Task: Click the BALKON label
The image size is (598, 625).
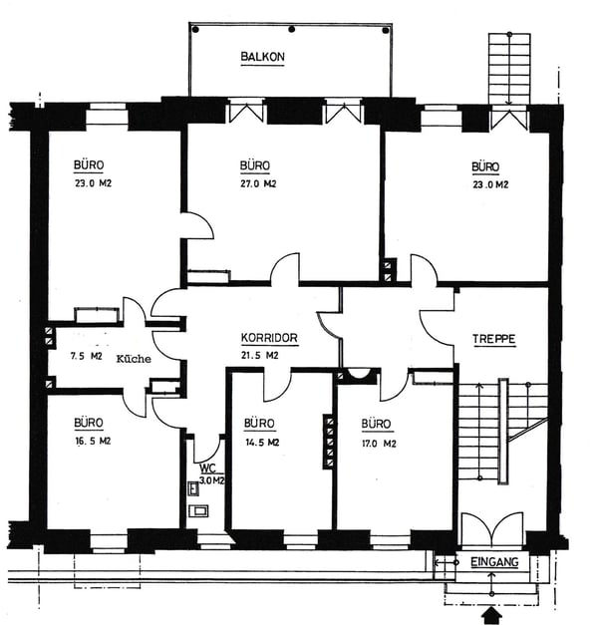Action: (x=263, y=57)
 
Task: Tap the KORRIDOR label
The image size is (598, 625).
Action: (x=269, y=338)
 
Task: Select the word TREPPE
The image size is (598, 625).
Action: (x=494, y=339)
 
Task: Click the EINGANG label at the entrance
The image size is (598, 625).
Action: (x=494, y=562)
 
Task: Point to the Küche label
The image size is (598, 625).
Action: (x=134, y=359)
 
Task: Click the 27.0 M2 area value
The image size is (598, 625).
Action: (x=258, y=183)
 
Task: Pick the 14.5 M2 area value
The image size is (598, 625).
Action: (x=262, y=443)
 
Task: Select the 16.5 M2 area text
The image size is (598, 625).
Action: (x=93, y=442)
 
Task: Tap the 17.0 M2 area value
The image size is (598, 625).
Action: (x=379, y=444)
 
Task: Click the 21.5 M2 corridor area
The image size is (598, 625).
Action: (x=259, y=355)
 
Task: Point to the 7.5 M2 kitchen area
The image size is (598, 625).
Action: (x=86, y=356)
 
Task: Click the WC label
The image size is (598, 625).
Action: (x=207, y=468)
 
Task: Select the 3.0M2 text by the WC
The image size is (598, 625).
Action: (x=211, y=480)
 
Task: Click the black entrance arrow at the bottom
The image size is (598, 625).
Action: (x=492, y=615)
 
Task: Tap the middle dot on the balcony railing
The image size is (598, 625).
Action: (x=292, y=29)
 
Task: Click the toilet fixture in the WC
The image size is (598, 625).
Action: (x=198, y=511)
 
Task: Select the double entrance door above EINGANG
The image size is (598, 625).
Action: (x=492, y=528)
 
